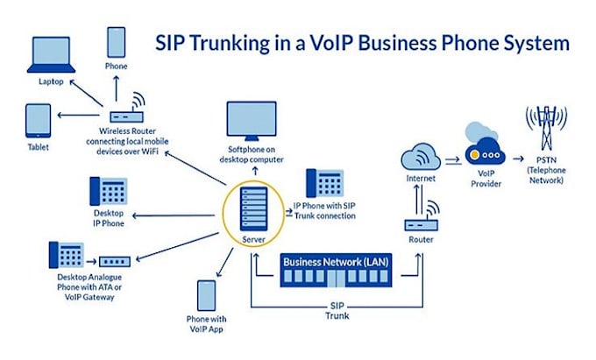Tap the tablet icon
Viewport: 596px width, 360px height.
pyautogui.click(x=38, y=121)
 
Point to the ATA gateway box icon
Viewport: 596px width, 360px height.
pyautogui.click(x=114, y=261)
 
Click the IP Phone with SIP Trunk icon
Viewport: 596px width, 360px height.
pyautogui.click(x=323, y=182)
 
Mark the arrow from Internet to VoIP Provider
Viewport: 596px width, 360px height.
pyautogui.click(x=452, y=159)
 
